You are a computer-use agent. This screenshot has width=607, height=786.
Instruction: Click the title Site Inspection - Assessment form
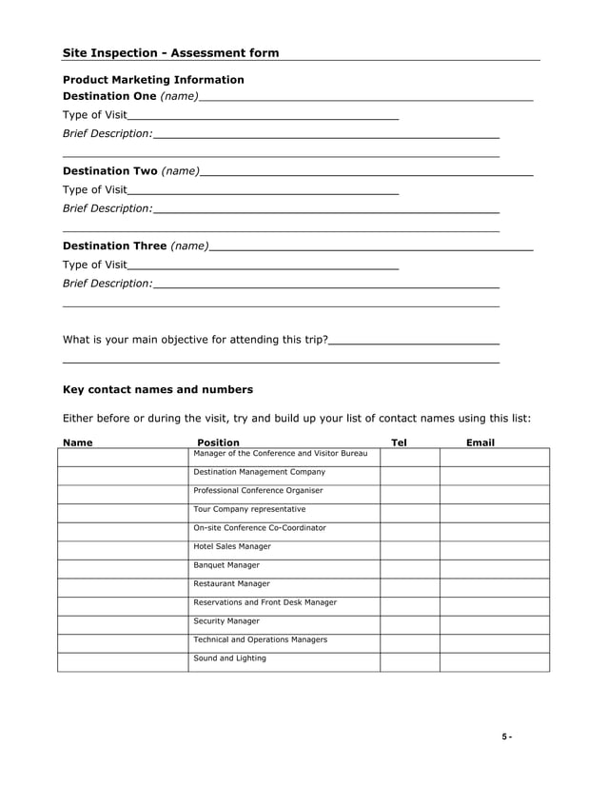click(170, 53)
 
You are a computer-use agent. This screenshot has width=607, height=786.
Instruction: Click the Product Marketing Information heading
click(153, 80)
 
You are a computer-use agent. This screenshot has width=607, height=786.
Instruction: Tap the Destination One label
click(108, 97)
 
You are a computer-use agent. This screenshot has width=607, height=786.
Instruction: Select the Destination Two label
click(108, 171)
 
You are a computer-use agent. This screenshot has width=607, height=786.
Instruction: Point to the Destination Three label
click(114, 246)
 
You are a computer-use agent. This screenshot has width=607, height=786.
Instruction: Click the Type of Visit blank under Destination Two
click(262, 190)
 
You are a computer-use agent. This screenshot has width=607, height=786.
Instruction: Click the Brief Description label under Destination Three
click(107, 284)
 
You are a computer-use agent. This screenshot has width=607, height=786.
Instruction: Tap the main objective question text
click(195, 340)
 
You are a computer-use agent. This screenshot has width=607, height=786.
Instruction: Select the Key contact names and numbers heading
click(157, 389)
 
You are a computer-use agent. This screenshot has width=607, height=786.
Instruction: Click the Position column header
click(218, 442)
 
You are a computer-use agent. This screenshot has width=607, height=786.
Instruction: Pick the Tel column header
click(399, 442)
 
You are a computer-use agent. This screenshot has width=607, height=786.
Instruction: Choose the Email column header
click(480, 442)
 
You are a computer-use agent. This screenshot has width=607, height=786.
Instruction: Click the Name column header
click(77, 442)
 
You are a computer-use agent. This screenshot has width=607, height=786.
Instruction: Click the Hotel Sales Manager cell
click(232, 547)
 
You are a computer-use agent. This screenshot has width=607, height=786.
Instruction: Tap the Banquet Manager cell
click(226, 565)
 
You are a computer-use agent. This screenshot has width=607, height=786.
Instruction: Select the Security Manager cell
click(226, 621)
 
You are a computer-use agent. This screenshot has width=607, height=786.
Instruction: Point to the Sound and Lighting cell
click(230, 658)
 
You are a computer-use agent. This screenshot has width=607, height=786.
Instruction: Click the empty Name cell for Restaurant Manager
click(123, 587)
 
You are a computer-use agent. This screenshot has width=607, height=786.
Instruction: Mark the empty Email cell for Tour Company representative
click(494, 513)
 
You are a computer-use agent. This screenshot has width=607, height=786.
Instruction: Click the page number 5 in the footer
click(507, 738)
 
